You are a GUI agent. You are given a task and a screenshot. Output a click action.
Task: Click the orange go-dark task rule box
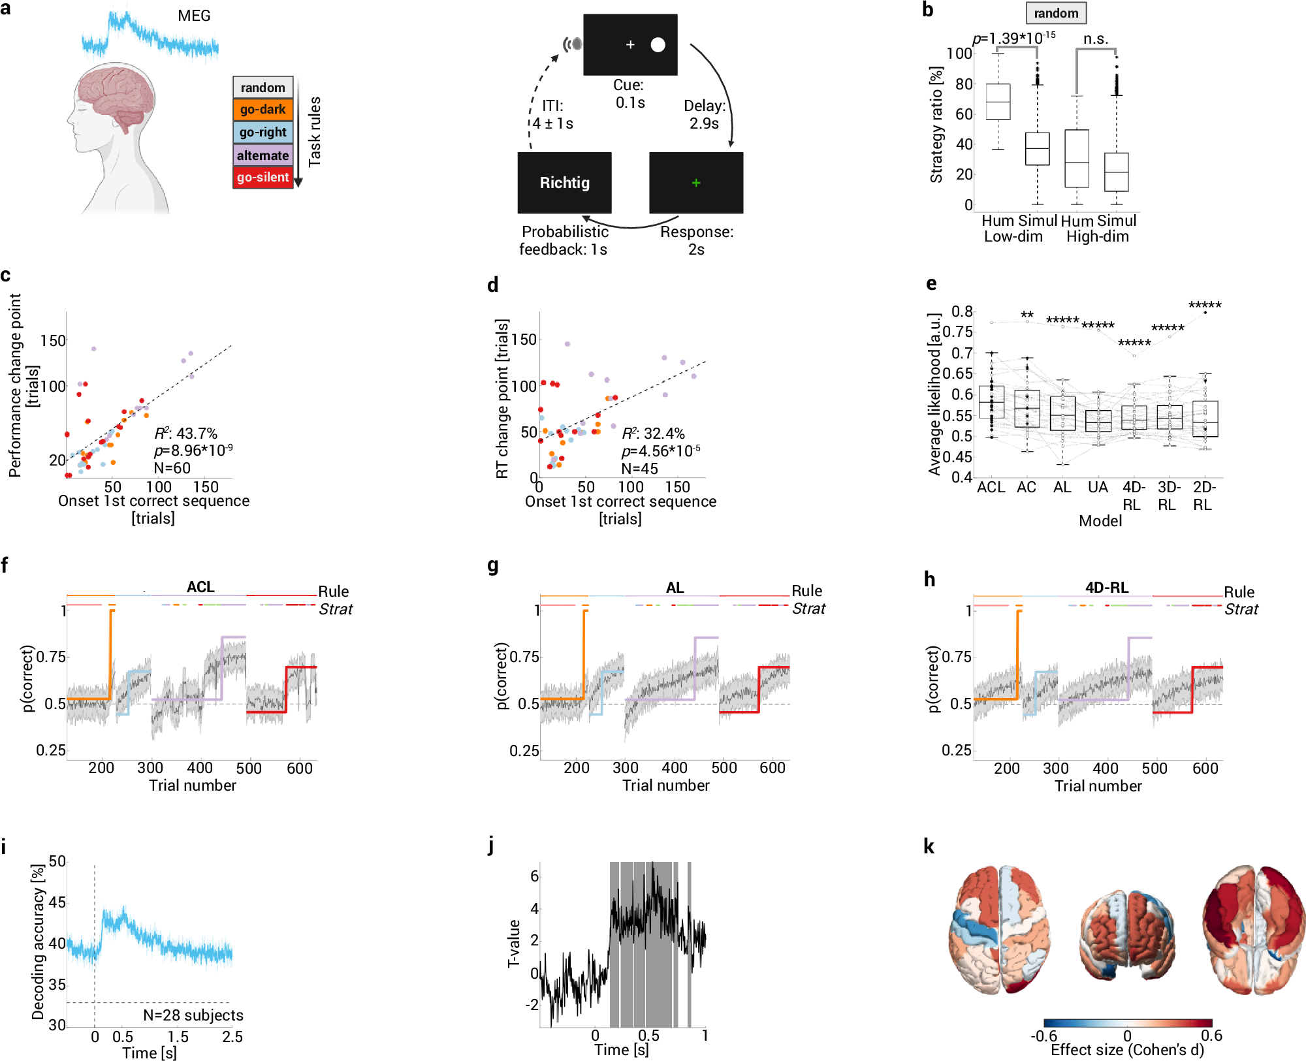263,109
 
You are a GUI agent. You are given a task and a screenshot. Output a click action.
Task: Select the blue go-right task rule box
263,132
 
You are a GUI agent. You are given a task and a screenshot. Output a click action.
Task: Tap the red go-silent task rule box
263,177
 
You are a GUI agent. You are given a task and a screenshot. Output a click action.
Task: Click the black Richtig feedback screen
564,183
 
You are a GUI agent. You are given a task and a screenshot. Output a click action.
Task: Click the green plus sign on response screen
696,183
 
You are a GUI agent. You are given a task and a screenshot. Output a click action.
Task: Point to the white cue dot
658,44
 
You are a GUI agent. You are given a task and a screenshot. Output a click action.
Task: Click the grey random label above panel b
1056,13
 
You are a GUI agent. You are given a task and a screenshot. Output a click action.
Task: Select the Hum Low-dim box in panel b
998,102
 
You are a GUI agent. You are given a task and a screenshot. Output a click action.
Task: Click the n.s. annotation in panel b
1096,39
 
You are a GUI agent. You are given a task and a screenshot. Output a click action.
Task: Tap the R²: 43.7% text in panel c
186,434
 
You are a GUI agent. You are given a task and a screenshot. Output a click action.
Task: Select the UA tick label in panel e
1098,487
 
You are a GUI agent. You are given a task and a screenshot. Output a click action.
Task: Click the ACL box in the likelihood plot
991,402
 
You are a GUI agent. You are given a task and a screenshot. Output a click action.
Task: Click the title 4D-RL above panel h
1106,588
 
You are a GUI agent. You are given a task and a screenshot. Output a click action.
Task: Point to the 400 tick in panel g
674,768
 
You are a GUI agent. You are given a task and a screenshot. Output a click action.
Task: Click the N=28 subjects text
193,1015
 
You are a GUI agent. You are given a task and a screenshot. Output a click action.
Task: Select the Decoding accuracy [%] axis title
38,942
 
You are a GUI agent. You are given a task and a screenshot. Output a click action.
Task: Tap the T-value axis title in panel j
514,943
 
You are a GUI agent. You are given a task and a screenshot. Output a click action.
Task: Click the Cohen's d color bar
1127,1023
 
